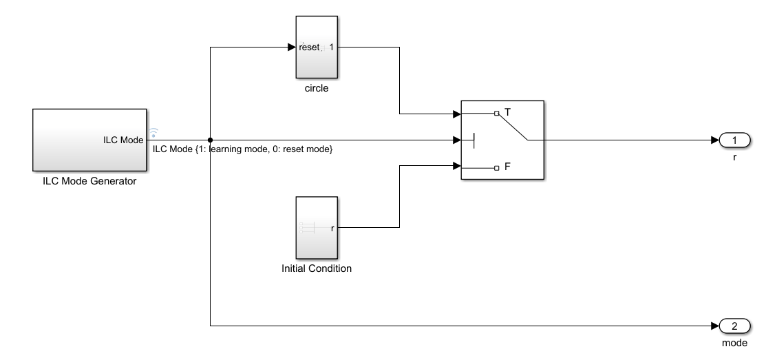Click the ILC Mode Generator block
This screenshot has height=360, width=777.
click(89, 140)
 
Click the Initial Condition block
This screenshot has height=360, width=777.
click(316, 226)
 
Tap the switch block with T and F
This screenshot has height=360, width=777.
click(502, 140)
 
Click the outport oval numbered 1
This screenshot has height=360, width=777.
click(734, 140)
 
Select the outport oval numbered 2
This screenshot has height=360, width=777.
click(734, 326)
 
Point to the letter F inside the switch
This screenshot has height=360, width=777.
click(508, 167)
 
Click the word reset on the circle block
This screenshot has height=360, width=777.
click(309, 48)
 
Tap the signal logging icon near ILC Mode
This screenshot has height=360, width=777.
click(153, 132)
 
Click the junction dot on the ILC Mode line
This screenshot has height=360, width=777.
click(209, 140)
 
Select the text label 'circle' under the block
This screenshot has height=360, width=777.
click(316, 88)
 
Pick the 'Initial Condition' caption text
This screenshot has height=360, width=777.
click(316, 268)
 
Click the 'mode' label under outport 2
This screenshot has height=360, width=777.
click(734, 342)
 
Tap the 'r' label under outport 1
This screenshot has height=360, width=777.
click(734, 157)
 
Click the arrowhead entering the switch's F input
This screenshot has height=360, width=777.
click(456, 166)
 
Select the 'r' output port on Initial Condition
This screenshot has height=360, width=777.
click(333, 228)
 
